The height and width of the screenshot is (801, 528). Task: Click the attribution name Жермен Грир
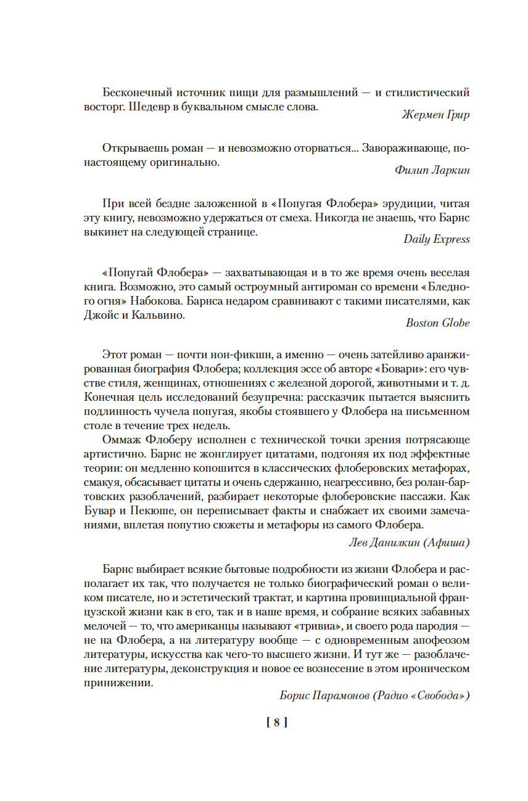(x=435, y=114)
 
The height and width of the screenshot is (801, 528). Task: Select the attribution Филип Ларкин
(x=432, y=171)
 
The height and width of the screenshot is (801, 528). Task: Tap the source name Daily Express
(x=437, y=239)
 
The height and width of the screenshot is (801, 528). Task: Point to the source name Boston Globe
(x=438, y=322)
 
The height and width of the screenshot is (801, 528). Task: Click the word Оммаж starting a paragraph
(x=121, y=440)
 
